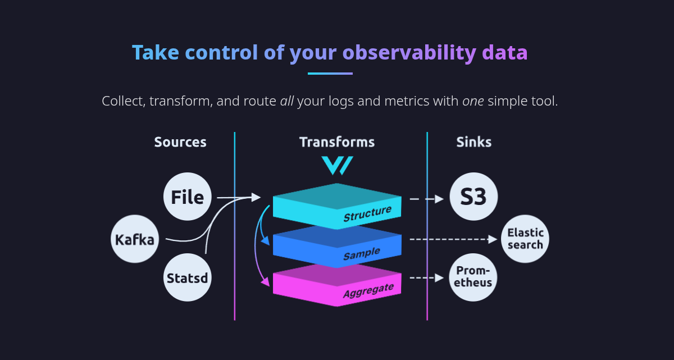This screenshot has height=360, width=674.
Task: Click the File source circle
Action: pyautogui.click(x=188, y=197)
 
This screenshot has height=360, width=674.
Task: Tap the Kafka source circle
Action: pyautogui.click(x=135, y=240)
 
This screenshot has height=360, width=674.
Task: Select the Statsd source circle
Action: pyautogui.click(x=188, y=277)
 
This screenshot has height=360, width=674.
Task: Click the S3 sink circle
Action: pyautogui.click(x=473, y=197)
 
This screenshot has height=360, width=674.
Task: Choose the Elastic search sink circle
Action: pyautogui.click(x=525, y=239)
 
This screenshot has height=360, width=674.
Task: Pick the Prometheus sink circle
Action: pyautogui.click(x=473, y=277)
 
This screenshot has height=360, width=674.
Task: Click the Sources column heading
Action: pyautogui.click(x=180, y=142)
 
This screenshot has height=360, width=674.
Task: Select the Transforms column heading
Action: pyautogui.click(x=337, y=142)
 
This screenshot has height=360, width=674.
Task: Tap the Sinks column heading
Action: pyautogui.click(x=473, y=142)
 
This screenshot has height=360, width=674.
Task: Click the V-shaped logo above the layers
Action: pyautogui.click(x=337, y=165)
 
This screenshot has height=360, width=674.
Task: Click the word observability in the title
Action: pyautogui.click(x=409, y=53)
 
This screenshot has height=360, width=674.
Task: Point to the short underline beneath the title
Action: pyautogui.click(x=330, y=74)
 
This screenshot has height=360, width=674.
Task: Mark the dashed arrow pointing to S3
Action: pyautogui.click(x=426, y=199)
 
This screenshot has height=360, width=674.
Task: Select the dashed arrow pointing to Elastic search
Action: pyautogui.click(x=453, y=239)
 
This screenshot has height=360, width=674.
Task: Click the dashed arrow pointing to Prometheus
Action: pyautogui.click(x=426, y=277)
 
